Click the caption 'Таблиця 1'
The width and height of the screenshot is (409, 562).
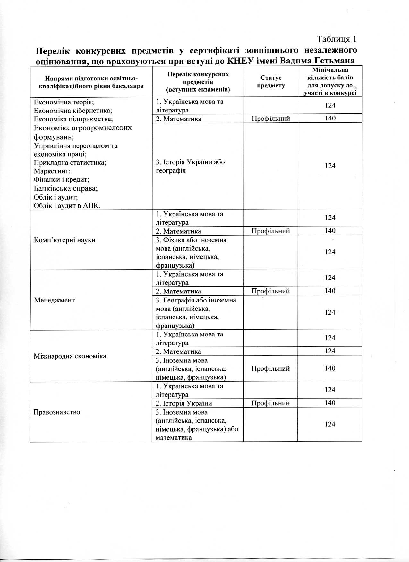pos(337,39)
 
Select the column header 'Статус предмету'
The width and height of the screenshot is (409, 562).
pos(271,81)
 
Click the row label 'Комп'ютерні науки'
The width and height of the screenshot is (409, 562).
pos(64,240)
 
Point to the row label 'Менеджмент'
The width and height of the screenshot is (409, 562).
pos(54,300)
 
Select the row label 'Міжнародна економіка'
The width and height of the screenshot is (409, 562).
pos(70,356)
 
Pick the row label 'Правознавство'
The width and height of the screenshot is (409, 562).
pos(57,412)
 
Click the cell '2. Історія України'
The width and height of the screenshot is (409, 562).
pos(184,403)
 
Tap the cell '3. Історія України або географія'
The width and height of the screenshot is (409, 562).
pos(190,166)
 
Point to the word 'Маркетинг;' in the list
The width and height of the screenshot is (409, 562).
pos(52,171)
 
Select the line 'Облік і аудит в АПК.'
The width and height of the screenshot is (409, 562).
pos(67,205)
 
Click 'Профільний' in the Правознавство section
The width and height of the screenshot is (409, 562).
pos(270,403)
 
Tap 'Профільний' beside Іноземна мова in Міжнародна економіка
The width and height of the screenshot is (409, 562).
pos(270,368)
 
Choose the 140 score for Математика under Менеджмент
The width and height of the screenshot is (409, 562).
pos(330,291)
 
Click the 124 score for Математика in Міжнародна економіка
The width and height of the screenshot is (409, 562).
pos(330,351)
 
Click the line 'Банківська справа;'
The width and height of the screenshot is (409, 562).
pos(66,188)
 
